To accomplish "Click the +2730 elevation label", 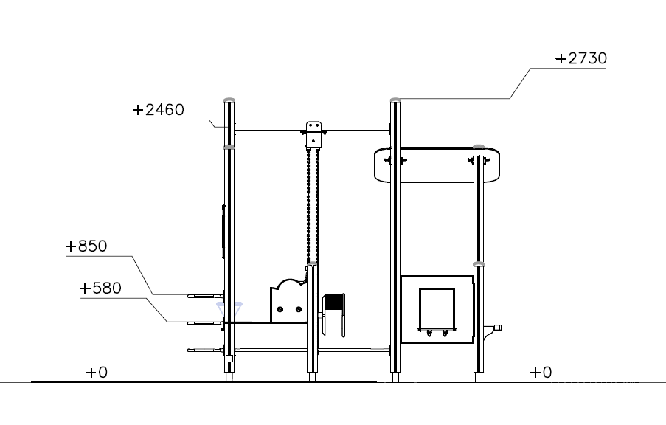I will click(580, 58).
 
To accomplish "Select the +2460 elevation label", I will click(158, 110).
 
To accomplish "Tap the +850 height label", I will click(86, 246).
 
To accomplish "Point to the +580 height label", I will click(100, 288).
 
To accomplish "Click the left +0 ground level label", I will click(96, 373).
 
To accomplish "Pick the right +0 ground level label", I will click(540, 373).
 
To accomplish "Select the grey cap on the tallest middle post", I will click(395, 99).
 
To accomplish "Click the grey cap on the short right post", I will click(479, 147).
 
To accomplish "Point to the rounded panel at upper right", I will click(437, 165).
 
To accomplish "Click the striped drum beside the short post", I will click(334, 314).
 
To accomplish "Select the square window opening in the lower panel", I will click(437, 308).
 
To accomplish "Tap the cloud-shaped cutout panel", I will click(288, 301).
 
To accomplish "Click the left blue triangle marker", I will click(220, 305).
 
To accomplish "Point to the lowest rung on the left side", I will click(206, 350).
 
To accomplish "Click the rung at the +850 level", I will click(206, 295).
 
